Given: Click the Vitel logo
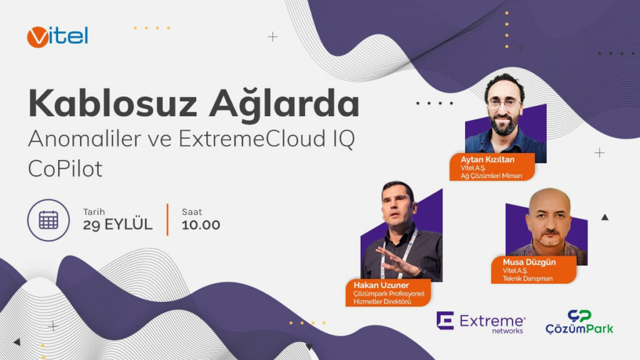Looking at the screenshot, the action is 57,37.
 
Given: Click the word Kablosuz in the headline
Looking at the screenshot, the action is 112,104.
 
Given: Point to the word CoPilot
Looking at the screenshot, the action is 65,169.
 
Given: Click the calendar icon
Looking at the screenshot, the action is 49,221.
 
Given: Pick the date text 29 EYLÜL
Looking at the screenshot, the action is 117,224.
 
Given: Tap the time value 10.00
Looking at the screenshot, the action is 201,225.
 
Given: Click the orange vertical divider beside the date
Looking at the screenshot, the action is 167,219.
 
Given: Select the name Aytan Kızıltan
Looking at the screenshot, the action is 487,159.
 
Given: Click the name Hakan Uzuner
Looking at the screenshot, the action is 381,285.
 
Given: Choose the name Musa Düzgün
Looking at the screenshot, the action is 529,262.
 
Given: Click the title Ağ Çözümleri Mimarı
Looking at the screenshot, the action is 491,176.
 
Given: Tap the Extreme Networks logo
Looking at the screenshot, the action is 481,322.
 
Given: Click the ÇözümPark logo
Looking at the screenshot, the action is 579,322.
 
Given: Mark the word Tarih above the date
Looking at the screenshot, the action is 94,212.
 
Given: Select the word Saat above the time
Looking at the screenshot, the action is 192,212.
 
